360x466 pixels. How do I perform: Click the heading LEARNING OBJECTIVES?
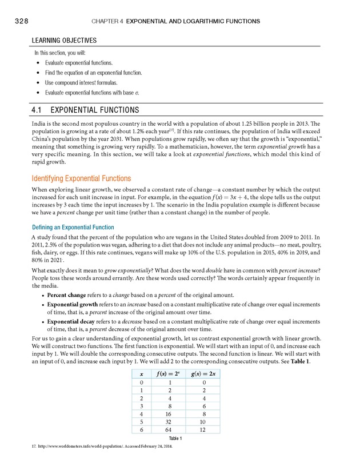click(63, 41)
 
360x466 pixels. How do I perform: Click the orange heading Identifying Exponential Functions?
click(81, 178)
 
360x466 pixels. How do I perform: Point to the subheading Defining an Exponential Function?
click(73, 227)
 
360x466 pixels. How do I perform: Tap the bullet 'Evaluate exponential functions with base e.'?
click(92, 92)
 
